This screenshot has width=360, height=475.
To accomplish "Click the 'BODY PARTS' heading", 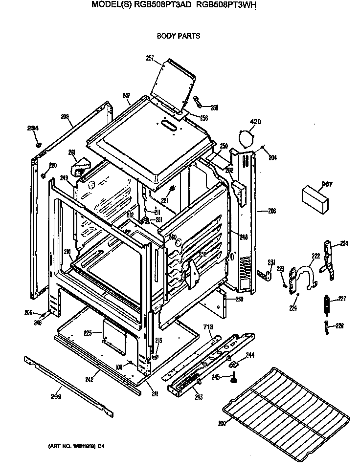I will (178, 36).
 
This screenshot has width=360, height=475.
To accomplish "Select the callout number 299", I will (56, 397).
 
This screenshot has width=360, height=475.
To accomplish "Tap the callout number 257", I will (150, 58).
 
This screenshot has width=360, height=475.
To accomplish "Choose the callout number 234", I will (33, 129).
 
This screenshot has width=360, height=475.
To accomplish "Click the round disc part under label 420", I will (247, 137).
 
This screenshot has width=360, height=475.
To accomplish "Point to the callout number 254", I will (344, 243).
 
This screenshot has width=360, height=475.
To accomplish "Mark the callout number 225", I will (88, 333).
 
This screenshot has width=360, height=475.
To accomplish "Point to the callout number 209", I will (65, 117).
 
